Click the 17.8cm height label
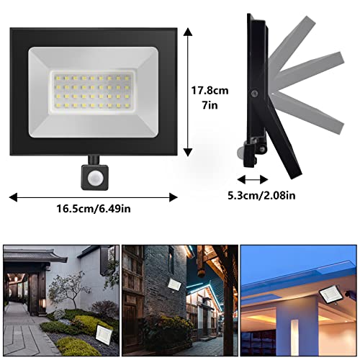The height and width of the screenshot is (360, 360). [210, 91]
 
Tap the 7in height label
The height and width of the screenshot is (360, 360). [210, 105]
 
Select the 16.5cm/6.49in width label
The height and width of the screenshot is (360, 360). [94, 209]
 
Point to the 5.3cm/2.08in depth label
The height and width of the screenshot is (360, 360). [261, 195]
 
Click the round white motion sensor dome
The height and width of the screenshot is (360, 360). [94, 178]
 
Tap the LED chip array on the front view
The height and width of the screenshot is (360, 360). [92, 91]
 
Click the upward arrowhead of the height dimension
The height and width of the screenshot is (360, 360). [188, 32]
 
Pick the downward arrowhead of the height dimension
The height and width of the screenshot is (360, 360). [188, 152]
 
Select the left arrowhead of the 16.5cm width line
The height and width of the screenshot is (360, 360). [13, 197]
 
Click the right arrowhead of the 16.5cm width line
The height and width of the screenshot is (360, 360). [174, 197]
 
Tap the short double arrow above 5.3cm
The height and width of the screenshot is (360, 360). [253, 179]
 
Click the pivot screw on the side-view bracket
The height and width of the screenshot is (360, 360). [253, 93]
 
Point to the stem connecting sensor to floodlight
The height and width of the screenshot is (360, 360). [94, 160]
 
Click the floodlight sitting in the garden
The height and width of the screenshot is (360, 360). [104, 334]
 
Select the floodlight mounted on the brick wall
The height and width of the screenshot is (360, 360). [175, 284]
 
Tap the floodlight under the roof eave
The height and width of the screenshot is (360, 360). [329, 294]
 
